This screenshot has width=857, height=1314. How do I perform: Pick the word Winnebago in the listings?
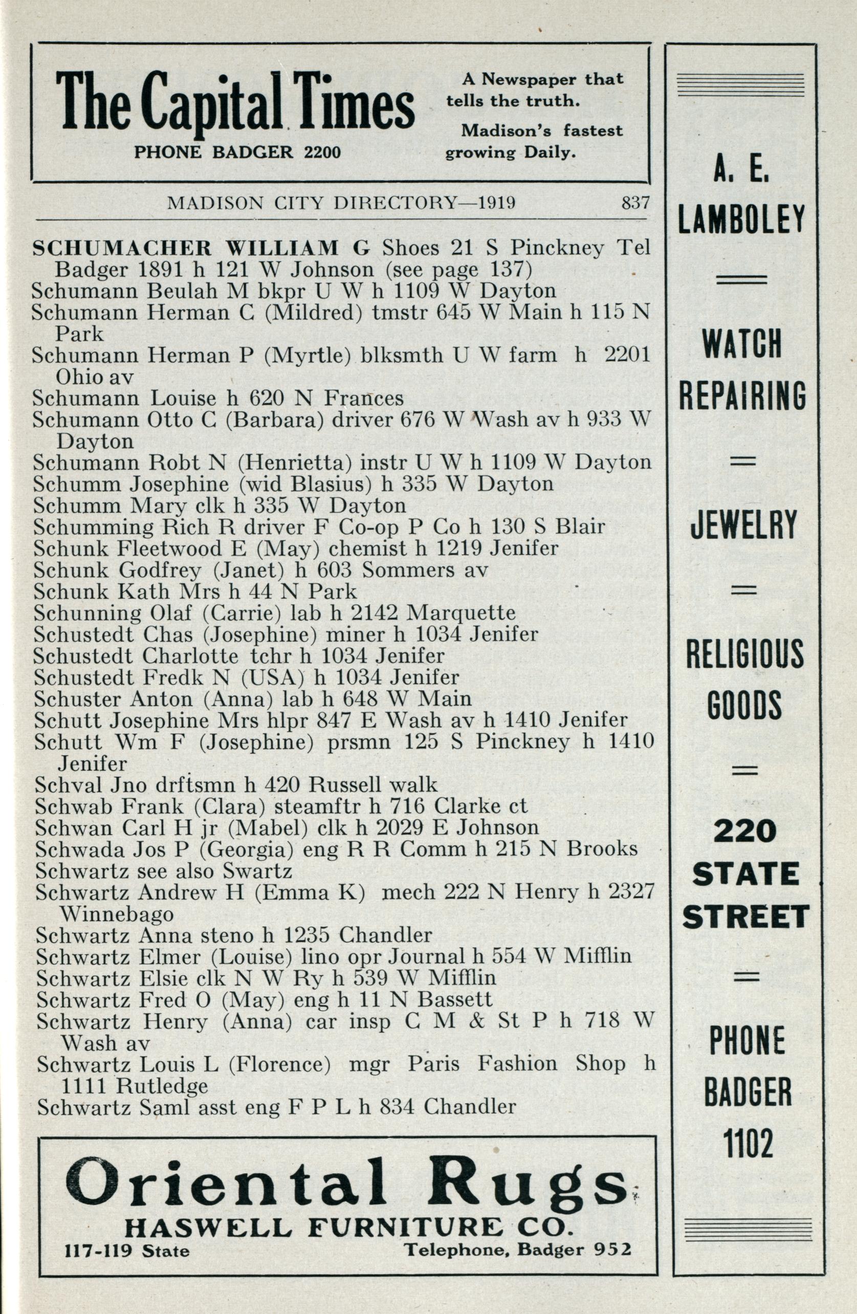pyautogui.click(x=116, y=914)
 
